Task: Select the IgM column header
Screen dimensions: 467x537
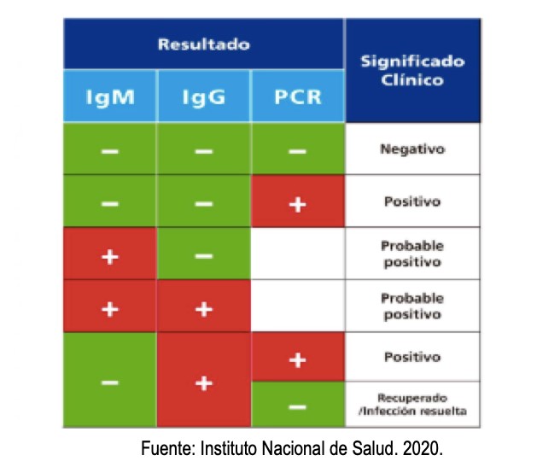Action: point(109,96)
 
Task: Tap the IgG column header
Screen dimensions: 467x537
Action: point(203,96)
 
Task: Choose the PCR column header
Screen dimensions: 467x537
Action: point(297,96)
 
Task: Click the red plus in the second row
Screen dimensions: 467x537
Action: point(297,203)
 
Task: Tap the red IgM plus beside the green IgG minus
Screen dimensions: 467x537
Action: point(109,255)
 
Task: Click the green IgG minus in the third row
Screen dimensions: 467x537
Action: point(203,255)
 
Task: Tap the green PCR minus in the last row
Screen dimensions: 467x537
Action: point(297,407)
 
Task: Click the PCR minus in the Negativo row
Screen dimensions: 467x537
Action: point(297,150)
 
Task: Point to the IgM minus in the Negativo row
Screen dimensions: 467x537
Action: point(109,150)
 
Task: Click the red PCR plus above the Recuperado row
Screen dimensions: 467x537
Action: point(297,358)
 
